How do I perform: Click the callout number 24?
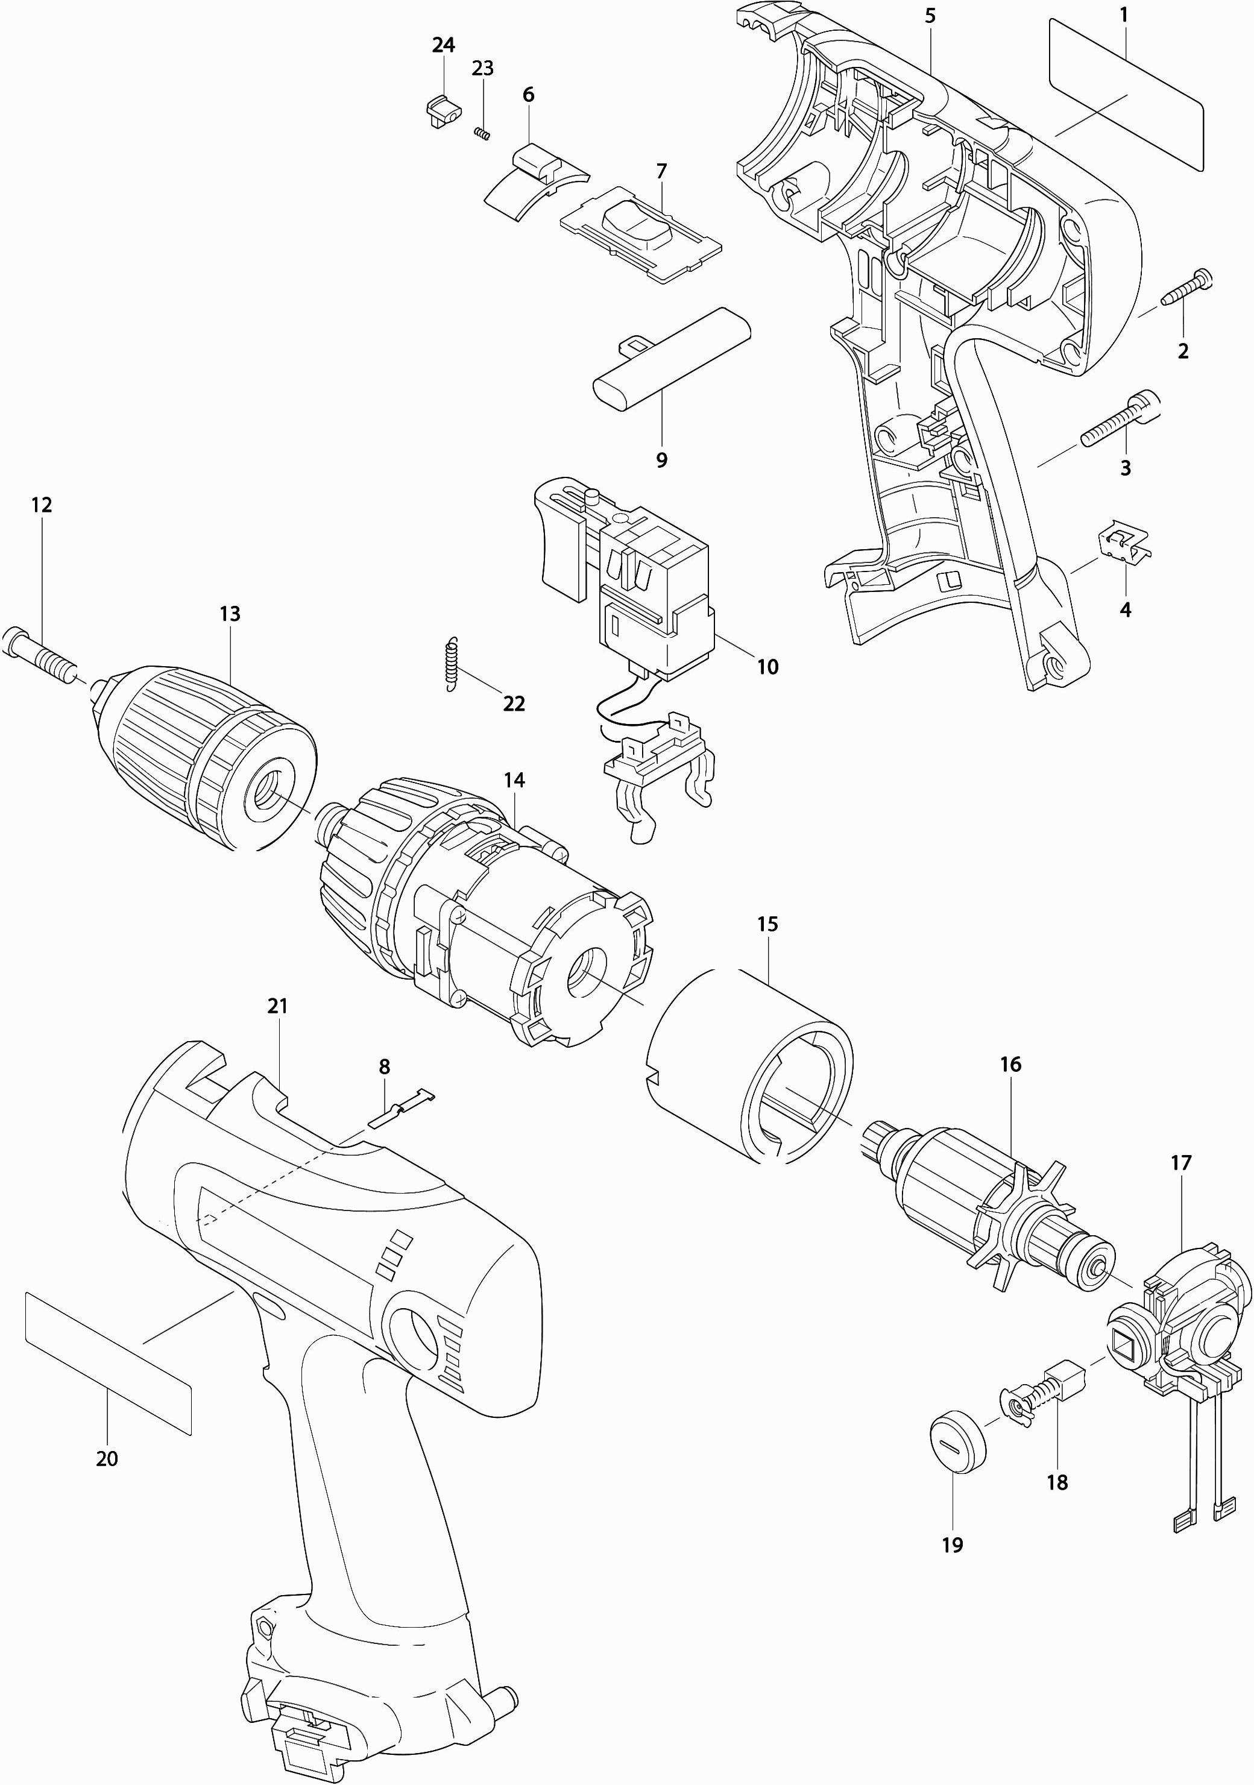coord(443,45)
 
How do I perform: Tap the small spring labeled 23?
coord(482,134)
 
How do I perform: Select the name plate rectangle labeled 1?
coord(1126,93)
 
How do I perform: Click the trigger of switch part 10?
coord(561,552)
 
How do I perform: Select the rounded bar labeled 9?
coord(672,357)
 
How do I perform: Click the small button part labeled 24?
coord(441,110)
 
